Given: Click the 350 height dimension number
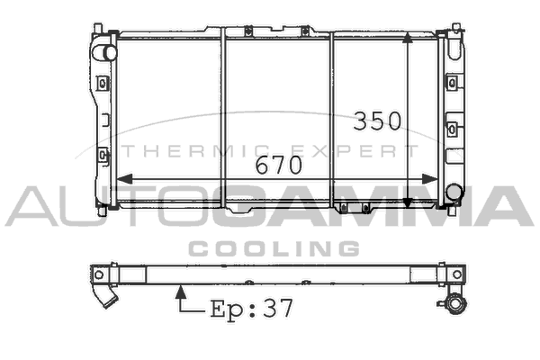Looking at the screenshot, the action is click(x=377, y=121).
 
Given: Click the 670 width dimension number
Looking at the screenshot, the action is click(x=279, y=165).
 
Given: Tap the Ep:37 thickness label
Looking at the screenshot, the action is click(x=252, y=309).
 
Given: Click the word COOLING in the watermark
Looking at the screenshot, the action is click(x=274, y=248).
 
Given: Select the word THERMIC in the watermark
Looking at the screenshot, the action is click(x=196, y=151).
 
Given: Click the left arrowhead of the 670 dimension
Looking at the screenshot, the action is click(x=125, y=179).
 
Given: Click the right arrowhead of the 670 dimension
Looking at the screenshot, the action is click(x=430, y=179).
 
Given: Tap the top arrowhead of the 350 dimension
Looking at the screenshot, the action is click(x=408, y=37).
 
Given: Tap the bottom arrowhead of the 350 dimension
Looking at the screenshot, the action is click(x=408, y=202).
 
